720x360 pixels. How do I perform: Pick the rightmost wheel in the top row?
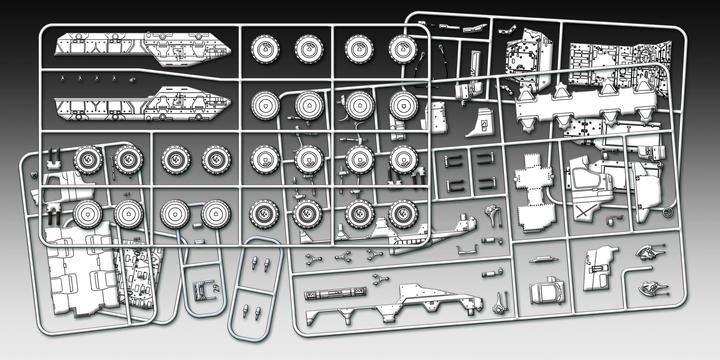402,47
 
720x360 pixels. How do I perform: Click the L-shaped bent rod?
492,211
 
